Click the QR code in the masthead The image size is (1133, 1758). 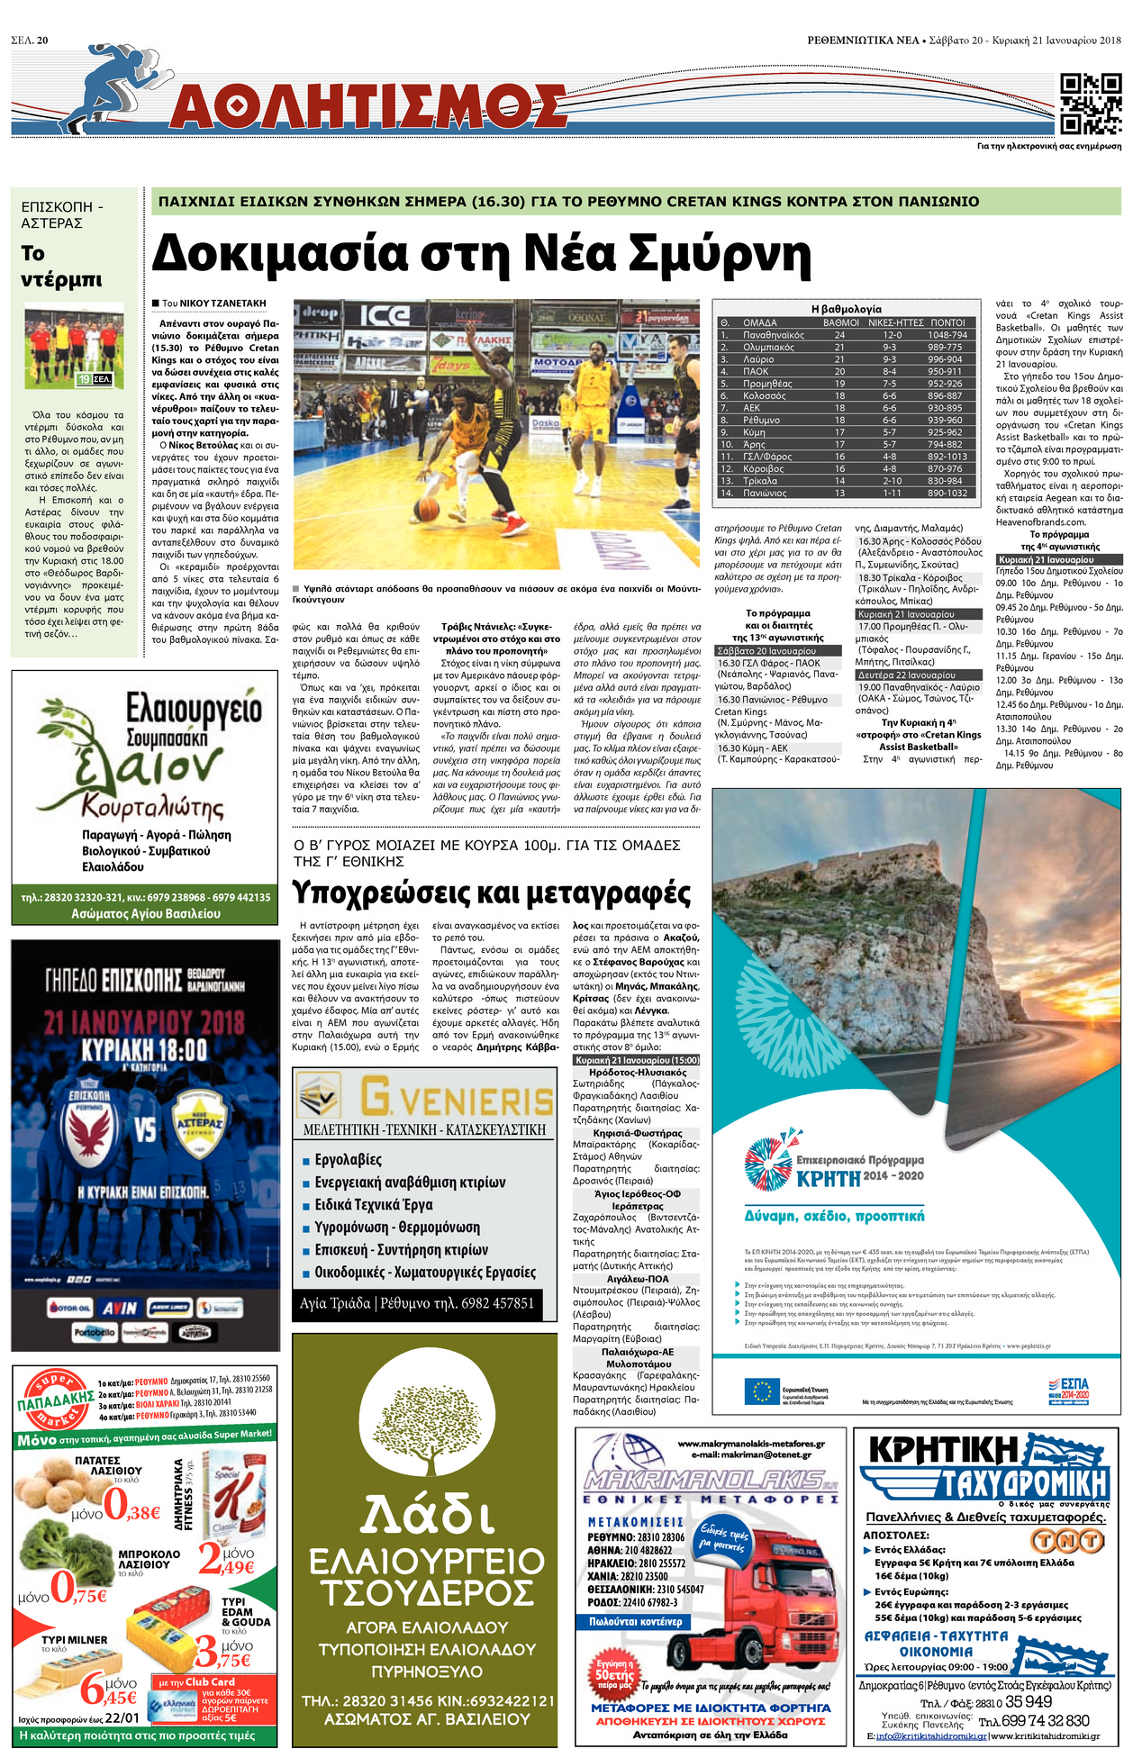pyautogui.click(x=1090, y=104)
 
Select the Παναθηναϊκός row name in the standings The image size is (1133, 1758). pyautogui.click(x=773, y=335)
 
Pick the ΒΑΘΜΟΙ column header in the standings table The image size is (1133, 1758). pyautogui.click(x=840, y=322)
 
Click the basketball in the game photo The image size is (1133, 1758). pyautogui.click(x=429, y=509)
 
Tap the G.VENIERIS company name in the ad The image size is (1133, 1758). pyautogui.click(x=456, y=1099)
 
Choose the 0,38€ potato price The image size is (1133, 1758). pyautogui.click(x=131, y=1503)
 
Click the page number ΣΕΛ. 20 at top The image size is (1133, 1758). pyautogui.click(x=30, y=41)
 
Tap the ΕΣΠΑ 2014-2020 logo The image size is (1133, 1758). pyautogui.click(x=1069, y=1388)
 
